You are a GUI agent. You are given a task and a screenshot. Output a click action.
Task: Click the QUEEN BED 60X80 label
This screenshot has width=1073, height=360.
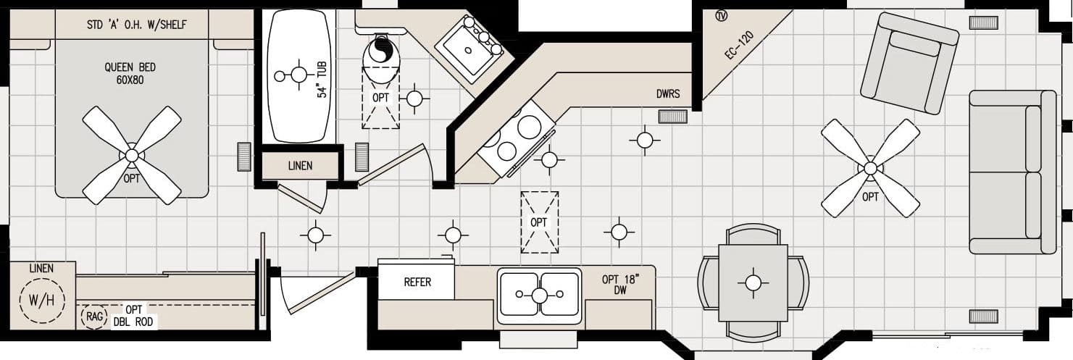(130, 73)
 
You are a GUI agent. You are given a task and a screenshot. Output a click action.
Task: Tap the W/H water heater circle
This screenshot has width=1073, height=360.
(42, 300)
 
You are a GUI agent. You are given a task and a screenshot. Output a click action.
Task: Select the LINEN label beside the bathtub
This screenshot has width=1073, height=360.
(300, 166)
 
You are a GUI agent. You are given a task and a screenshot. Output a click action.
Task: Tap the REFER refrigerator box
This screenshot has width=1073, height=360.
(417, 282)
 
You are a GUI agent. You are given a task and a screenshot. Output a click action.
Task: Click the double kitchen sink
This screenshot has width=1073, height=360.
(539, 295)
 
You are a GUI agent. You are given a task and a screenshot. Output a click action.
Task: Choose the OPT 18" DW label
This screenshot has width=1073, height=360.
(620, 285)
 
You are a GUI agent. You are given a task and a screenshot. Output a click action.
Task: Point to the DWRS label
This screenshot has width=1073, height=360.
(667, 95)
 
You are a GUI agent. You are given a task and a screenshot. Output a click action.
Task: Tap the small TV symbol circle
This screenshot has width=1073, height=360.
(721, 16)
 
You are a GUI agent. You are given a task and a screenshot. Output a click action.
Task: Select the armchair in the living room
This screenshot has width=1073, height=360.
(909, 64)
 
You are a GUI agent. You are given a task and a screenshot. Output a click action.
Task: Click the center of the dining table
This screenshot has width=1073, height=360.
(753, 282)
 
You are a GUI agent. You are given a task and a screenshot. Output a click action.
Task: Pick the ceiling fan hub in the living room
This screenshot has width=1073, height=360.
(870, 168)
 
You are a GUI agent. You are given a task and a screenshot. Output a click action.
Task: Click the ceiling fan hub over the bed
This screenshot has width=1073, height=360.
(131, 155)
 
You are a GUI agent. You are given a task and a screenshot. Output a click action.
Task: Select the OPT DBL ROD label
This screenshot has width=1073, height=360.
(134, 316)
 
